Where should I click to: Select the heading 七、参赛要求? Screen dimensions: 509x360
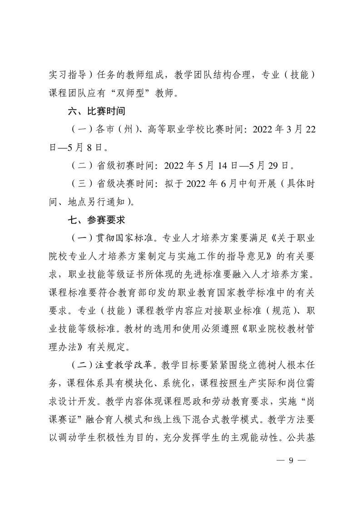point(94,220)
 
